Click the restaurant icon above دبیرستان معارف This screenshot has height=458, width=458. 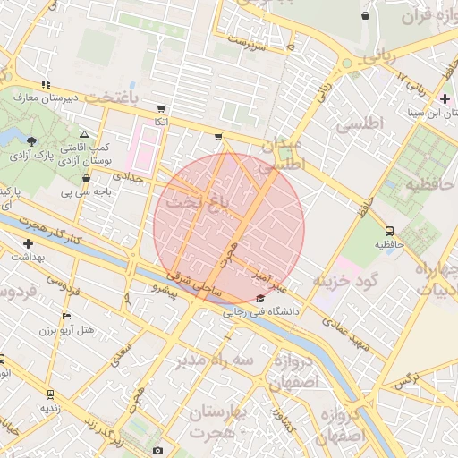[46, 84]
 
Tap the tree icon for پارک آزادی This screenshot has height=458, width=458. [33, 140]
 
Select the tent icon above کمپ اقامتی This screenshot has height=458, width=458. [84, 133]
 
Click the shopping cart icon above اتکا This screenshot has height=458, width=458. [161, 109]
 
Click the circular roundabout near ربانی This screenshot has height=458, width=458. [346, 64]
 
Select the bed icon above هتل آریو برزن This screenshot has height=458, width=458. [66, 317]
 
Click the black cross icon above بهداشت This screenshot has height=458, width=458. [29, 243]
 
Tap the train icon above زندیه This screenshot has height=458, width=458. [50, 393]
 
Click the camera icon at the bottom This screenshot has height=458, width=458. [158, 450]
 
